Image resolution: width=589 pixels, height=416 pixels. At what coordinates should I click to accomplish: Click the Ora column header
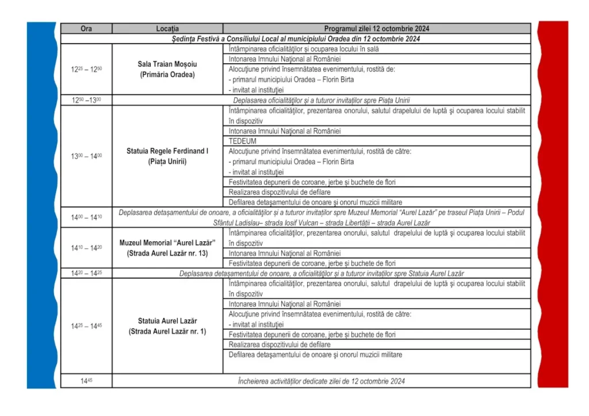coord(86,29)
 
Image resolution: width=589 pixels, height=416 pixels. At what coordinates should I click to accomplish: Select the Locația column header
coord(167,29)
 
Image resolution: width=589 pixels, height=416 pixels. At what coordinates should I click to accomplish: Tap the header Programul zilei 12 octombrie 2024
coord(376,29)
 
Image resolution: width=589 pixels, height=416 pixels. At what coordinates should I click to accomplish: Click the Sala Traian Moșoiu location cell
coord(167,70)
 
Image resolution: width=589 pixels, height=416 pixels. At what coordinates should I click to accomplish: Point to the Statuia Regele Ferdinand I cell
coord(167,156)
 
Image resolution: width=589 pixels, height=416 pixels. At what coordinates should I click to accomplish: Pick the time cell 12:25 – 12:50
coord(86,70)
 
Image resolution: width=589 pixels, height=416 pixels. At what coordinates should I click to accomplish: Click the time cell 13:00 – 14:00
coord(86,156)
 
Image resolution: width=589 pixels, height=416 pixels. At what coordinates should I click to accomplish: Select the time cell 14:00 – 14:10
coord(86,217)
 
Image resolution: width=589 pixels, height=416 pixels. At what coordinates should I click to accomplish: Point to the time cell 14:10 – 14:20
coord(86,248)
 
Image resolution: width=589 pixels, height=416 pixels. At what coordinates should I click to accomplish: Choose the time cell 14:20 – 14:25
coord(86,274)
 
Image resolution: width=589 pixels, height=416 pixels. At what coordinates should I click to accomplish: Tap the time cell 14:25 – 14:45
coord(86,326)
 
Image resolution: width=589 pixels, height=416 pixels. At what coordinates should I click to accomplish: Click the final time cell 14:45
coord(86,381)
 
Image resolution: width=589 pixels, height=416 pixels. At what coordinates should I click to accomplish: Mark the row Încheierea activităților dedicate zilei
coord(322,381)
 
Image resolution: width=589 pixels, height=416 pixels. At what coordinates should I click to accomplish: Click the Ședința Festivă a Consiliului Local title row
coord(296,39)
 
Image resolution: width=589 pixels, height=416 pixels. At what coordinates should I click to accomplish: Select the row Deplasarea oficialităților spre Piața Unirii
coord(322,100)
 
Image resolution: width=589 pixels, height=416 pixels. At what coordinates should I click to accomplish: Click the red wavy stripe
coord(553,207)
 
